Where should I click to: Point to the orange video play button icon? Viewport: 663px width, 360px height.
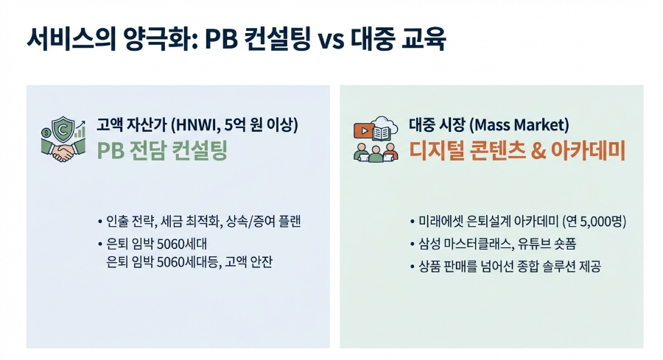click(363, 133)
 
